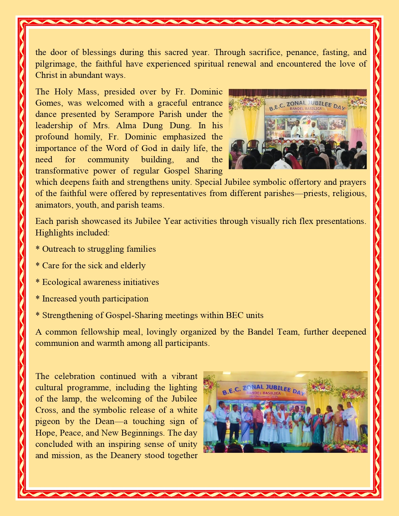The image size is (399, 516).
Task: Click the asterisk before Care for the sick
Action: (x=38, y=266)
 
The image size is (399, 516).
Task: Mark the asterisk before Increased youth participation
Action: (x=38, y=299)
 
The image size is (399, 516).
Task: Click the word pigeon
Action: (x=48, y=422)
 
